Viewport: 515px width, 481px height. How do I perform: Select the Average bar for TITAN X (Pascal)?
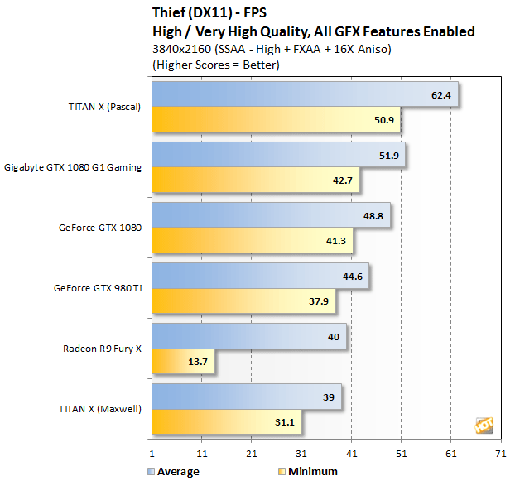click(x=304, y=95)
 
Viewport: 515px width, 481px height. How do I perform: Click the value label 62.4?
click(x=441, y=95)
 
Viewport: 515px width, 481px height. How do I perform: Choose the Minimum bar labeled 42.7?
click(x=255, y=180)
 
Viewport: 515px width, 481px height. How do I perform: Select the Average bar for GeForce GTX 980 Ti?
click(x=260, y=276)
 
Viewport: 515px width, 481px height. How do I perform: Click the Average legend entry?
click(x=174, y=471)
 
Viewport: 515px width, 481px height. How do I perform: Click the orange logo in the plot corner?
click(x=484, y=425)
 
